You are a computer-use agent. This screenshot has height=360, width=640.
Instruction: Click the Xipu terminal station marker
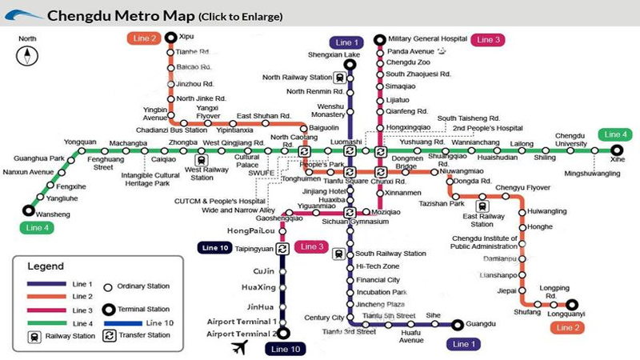[170, 37]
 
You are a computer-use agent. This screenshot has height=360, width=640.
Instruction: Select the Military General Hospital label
[427, 38]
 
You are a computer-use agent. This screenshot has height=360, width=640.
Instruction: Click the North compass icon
[28, 54]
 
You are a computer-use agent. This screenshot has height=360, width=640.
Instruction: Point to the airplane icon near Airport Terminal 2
[238, 346]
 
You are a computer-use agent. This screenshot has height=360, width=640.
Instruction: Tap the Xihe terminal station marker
[617, 150]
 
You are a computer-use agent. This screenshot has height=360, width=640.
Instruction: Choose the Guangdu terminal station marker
[458, 325]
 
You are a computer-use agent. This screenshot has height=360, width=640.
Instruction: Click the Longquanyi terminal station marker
[572, 304]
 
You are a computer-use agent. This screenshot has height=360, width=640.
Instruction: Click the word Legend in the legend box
[45, 265]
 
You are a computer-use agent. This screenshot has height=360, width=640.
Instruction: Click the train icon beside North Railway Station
[341, 78]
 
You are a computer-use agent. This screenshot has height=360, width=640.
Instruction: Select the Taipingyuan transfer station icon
[282, 249]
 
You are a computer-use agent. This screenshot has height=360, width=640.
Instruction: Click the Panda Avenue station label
[410, 50]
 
